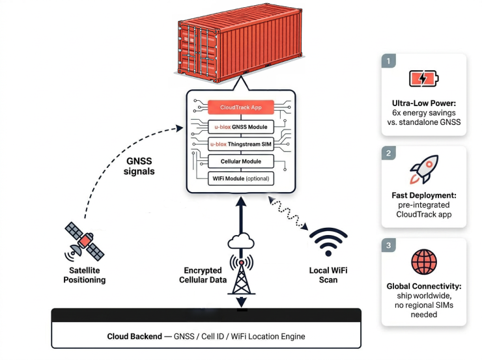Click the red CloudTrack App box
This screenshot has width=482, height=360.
coord(240,106)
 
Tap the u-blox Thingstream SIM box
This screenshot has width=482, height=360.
coord(240,143)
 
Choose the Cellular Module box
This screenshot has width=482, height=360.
coord(240,161)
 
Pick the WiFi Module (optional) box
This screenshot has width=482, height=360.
coord(240,178)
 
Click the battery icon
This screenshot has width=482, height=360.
coord(423,79)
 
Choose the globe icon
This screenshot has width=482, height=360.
coord(423,262)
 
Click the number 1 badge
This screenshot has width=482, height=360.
coord(390,62)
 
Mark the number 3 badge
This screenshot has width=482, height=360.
coord(390,246)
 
